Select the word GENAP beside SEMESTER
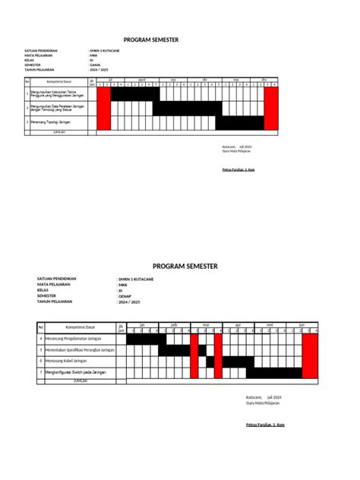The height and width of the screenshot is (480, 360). coord(125,296)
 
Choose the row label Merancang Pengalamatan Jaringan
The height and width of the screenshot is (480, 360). coord(74,337)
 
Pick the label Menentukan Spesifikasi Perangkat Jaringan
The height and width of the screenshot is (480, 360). coord(79,349)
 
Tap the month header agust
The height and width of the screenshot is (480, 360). coord(141,79)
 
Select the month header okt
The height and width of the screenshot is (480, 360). coord(205,79)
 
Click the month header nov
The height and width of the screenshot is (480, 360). coord(236,79)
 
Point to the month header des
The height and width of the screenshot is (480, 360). coord(264,79)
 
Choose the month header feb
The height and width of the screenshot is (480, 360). coord(174,325)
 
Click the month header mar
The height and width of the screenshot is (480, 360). coord(205,325)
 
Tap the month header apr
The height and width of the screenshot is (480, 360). coord(237,325)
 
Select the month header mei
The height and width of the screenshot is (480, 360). coord(269,325)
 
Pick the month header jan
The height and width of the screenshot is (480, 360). coord(141,325)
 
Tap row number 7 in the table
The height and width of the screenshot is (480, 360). coord(41,373)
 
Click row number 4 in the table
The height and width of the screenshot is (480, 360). coord(41,337)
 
